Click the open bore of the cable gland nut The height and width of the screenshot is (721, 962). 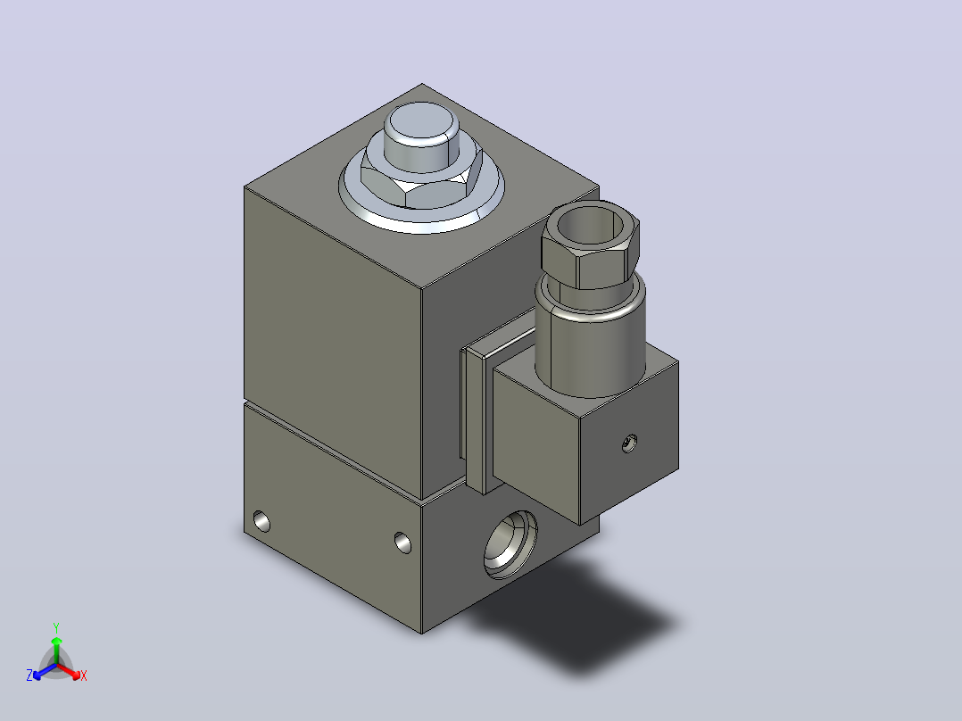(x=590, y=225)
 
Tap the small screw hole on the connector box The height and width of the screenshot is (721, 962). (x=629, y=443)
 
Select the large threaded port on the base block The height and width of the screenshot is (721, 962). (x=510, y=543)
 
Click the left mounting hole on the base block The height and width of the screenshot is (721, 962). (x=262, y=521)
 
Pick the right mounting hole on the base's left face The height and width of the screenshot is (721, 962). (x=403, y=543)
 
